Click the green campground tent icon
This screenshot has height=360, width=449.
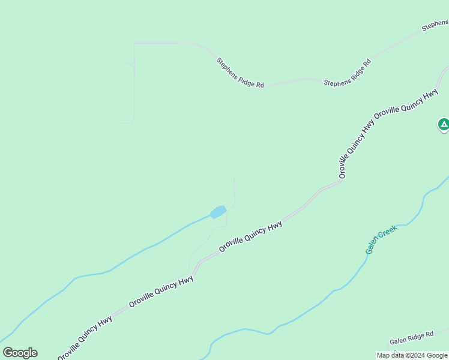click(x=443, y=124)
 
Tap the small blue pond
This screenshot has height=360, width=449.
click(x=218, y=212)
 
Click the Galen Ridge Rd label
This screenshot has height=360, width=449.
click(x=411, y=338)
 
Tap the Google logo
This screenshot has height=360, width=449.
click(x=20, y=353)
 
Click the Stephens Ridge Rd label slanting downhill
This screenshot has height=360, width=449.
click(x=240, y=73)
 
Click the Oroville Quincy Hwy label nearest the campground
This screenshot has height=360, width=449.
click(x=406, y=104)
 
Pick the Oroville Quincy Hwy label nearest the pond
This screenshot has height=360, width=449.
click(x=250, y=236)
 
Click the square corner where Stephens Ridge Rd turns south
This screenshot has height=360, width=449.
click(x=134, y=43)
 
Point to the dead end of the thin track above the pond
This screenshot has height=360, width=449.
click(x=234, y=173)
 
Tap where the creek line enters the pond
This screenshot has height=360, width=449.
click(x=211, y=215)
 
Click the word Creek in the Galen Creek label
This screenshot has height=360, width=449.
click(x=388, y=231)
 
